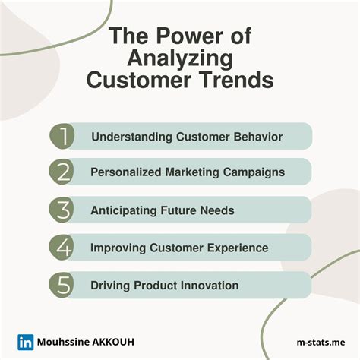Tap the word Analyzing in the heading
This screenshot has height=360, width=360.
(180, 58)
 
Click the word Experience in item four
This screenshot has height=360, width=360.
(236, 248)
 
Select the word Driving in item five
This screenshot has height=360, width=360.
(111, 285)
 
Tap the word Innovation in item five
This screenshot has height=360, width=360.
(209, 285)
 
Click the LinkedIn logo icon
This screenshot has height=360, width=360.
(25, 342)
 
